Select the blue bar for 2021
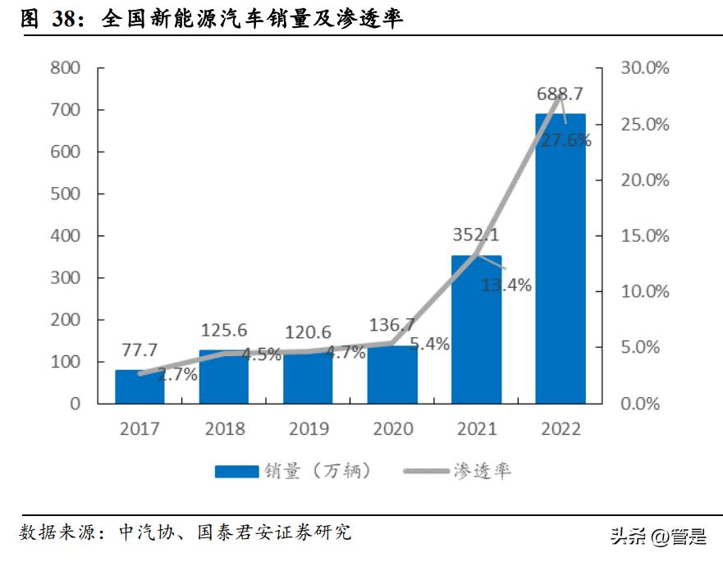476,336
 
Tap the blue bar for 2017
139,387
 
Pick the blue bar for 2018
223,379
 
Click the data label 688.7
561,94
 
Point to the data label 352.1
476,235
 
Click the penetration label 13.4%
506,286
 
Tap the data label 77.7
139,350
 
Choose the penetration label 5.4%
429,345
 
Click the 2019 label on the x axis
308,429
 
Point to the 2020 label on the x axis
392,429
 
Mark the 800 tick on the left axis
65,68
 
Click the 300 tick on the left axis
65,278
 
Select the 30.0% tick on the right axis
644,68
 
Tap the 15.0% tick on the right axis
644,236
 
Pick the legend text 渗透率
483,471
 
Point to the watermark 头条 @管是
657,537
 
